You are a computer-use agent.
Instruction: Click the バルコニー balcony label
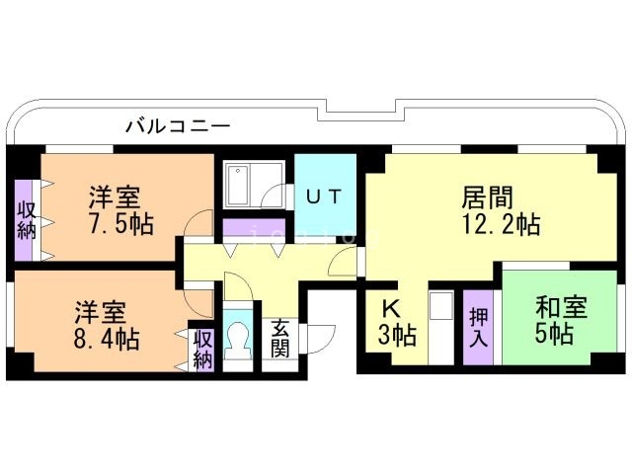coord(178,126)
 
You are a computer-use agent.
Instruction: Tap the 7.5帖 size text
coord(120,223)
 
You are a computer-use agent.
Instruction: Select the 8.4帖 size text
coord(107,340)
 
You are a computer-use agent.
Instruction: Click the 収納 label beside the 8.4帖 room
coord(203,349)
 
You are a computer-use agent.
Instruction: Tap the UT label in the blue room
coord(325,196)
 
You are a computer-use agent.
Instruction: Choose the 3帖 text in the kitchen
coord(396,336)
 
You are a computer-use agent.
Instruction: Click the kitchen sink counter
coord(440,326)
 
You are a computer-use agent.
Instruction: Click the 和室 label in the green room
coord(562,308)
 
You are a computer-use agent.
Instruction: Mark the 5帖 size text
coord(554,336)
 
